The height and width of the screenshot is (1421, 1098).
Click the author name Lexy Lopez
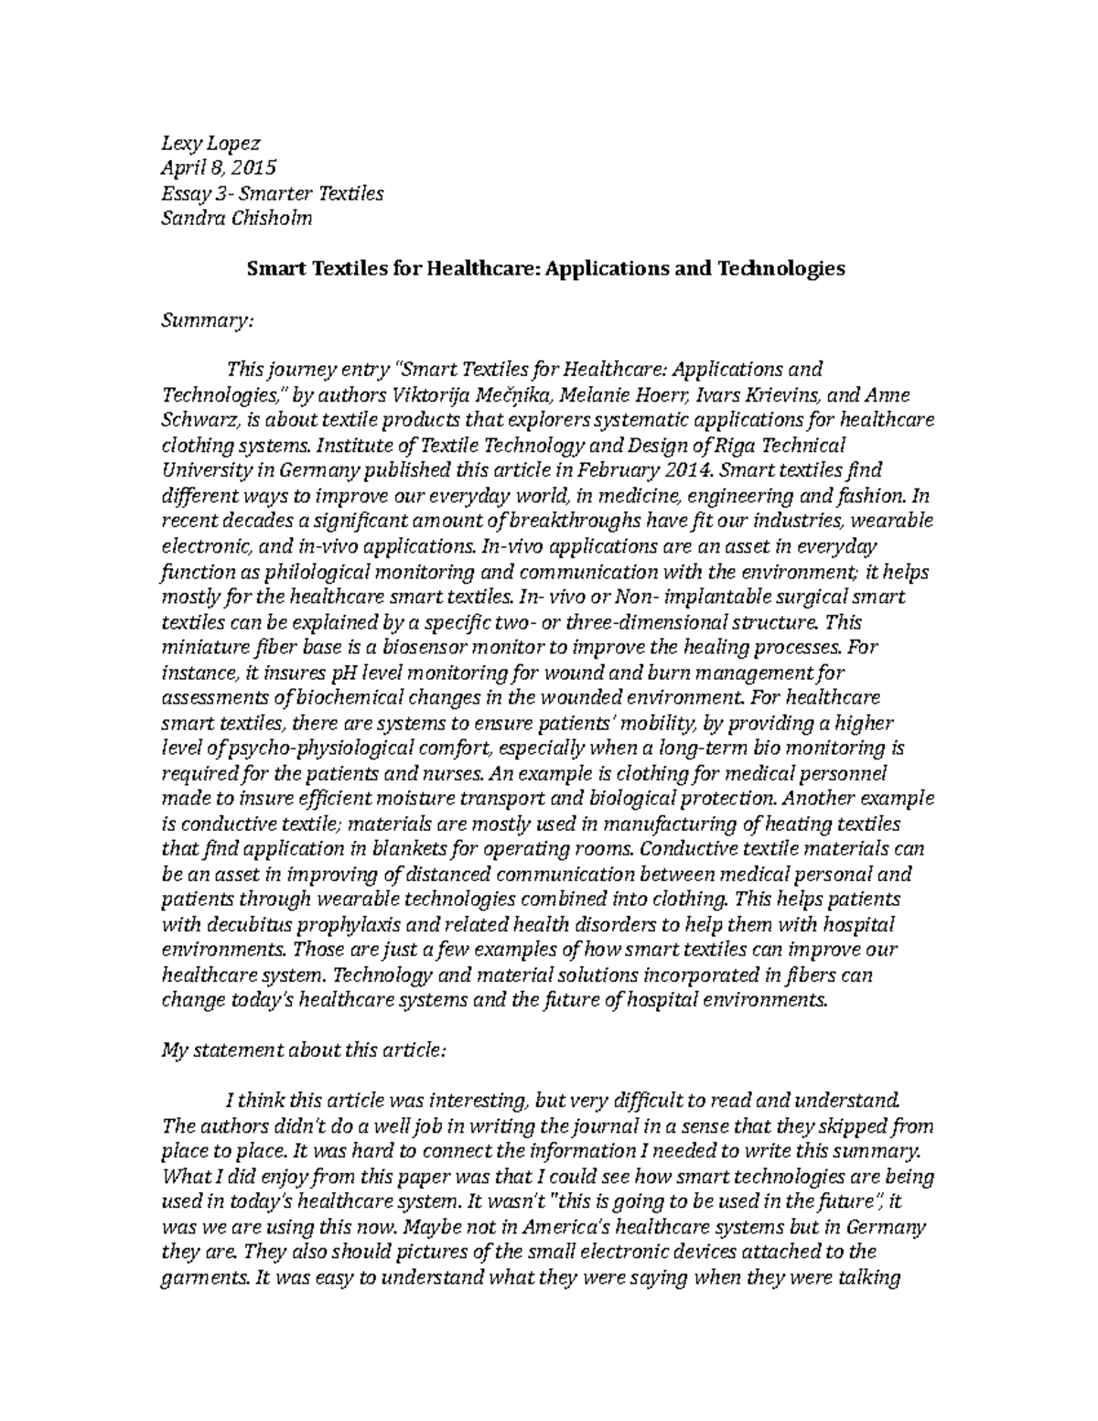click(x=210, y=144)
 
